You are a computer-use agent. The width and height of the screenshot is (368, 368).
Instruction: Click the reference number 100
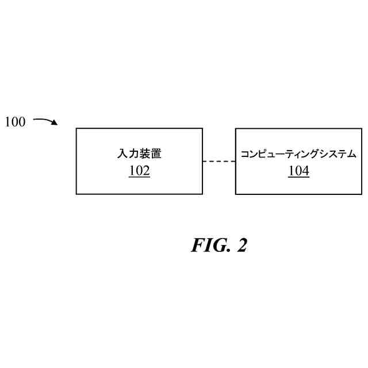16,122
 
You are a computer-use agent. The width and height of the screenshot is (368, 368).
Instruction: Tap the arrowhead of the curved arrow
55,123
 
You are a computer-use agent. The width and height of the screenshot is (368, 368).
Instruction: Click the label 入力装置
139,154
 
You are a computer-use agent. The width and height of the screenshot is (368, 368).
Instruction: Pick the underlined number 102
139,171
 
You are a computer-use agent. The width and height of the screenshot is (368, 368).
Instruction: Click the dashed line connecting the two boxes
219,162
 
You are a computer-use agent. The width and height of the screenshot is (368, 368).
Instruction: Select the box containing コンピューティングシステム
299,184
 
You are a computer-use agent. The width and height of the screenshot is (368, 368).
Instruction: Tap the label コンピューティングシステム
299,154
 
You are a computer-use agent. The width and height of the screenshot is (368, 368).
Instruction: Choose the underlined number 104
299,171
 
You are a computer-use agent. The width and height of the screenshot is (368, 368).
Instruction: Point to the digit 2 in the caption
241,245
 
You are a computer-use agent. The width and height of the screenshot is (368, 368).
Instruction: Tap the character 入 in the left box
121,154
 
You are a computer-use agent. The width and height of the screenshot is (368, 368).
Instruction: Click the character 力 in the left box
133,154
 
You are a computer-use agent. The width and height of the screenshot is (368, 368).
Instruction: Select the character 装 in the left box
145,154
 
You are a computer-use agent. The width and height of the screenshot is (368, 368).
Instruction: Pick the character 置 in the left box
157,154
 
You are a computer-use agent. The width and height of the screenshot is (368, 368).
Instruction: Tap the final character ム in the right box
352,154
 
